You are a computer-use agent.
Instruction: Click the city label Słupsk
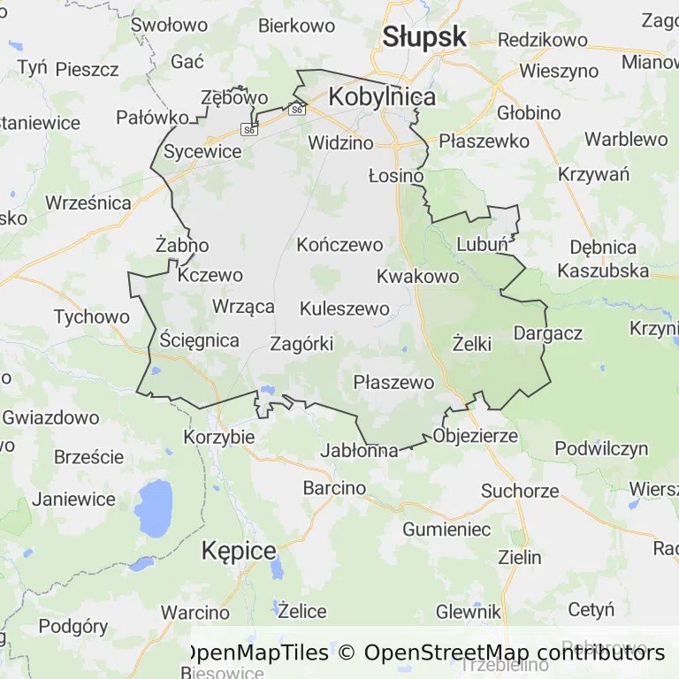(424, 36)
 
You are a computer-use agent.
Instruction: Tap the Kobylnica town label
(382, 97)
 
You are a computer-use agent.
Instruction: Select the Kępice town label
(239, 551)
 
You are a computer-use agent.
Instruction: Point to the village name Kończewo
(340, 245)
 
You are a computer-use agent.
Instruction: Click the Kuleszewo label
(345, 309)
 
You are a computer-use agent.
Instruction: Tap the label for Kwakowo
(417, 277)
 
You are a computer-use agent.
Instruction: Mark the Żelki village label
(471, 344)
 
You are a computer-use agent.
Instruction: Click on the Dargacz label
(548, 333)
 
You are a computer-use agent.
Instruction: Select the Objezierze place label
(476, 437)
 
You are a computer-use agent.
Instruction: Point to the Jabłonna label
(361, 450)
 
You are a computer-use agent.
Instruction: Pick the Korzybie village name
(219, 437)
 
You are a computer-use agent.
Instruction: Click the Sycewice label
(202, 151)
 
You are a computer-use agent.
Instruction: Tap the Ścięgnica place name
(200, 339)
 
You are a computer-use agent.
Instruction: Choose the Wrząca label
(244, 307)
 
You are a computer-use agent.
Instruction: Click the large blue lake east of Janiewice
(155, 507)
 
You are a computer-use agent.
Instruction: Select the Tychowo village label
(91, 317)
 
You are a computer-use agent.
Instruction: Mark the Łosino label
(396, 176)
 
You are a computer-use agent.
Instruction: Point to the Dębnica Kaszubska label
(604, 258)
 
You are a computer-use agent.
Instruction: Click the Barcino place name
(334, 487)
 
